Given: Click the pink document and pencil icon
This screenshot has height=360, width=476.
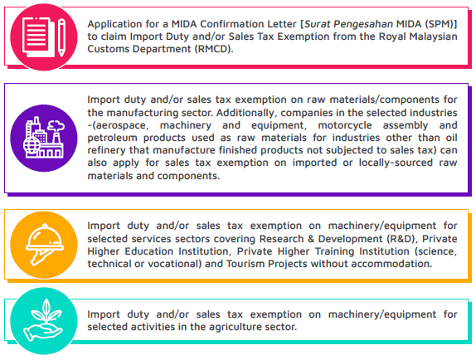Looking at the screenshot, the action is (x=41, y=36).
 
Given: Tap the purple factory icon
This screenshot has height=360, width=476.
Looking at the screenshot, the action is (x=41, y=138).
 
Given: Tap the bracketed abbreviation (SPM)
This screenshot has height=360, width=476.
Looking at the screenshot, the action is (x=430, y=23).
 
